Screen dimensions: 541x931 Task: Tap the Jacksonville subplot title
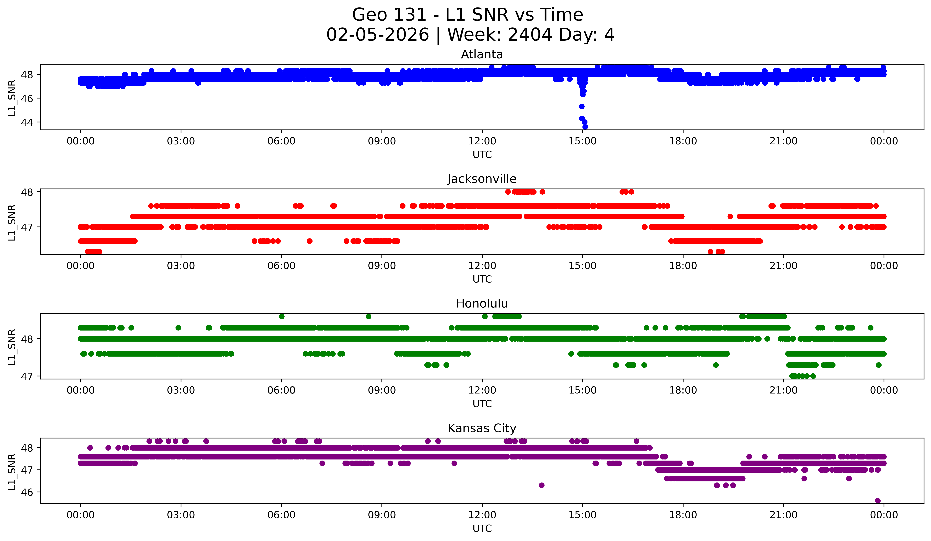pyautogui.click(x=482, y=179)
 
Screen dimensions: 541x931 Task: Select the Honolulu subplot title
pyautogui.click(x=482, y=304)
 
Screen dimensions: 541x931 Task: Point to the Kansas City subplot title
pyautogui.click(x=482, y=428)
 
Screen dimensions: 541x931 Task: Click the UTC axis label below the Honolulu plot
pyautogui.click(x=482, y=404)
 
